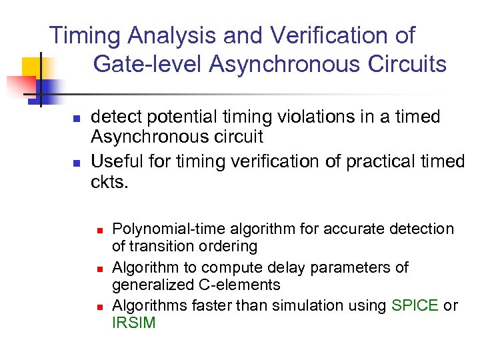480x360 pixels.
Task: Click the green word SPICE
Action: point(415,305)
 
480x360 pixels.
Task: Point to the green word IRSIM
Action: point(133,323)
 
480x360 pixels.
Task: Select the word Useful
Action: point(113,161)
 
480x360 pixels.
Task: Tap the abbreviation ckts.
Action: point(108,182)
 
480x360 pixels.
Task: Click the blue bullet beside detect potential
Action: point(76,119)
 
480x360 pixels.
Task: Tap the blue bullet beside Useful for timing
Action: point(76,162)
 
